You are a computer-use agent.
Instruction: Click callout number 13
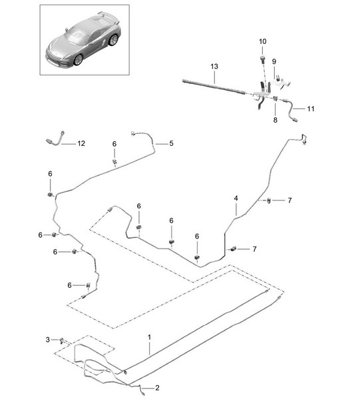pos(214,66)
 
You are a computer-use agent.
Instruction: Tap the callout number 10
pos(262,41)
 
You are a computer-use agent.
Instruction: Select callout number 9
pos(274,61)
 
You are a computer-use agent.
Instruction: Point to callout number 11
pos(311,109)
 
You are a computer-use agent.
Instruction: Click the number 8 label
pos(275,120)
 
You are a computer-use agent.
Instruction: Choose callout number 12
pos(81,143)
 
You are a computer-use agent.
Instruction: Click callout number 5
pos(171,143)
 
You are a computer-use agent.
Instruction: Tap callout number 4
pos(236,199)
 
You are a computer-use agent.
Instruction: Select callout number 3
pos(47,340)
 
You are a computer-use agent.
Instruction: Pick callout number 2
pos(157,388)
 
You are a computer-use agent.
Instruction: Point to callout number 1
pos(149,337)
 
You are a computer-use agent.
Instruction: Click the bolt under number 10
pos(262,59)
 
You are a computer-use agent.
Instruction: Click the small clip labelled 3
pos(62,340)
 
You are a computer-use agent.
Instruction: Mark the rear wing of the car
pos(109,17)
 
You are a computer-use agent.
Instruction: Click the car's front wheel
pos(79,60)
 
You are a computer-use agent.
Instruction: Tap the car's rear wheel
pos(113,40)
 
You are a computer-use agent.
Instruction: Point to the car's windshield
pos(76,36)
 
